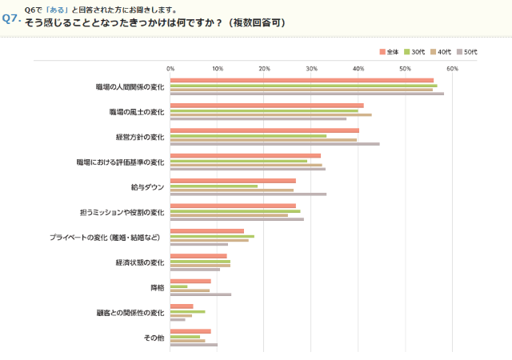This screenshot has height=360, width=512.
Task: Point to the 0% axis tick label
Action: coord(170,69)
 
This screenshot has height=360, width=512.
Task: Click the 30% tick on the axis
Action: coord(311,69)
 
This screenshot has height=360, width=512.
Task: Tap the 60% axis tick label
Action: coord(452,69)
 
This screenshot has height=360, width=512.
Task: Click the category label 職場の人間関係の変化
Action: coord(130,86)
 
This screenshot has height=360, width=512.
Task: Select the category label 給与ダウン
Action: coord(147,186)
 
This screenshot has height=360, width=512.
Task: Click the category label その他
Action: coord(154,338)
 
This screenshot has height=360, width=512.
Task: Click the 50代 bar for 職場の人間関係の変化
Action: coord(306,94)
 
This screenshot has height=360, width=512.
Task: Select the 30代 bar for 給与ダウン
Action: coord(214,186)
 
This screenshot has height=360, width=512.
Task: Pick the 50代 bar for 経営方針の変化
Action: coord(274,144)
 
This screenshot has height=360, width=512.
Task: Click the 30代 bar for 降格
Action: coord(178,286)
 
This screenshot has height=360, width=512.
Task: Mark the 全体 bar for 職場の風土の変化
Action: coord(266,106)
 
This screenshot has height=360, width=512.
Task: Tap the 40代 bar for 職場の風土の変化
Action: coord(270,114)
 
